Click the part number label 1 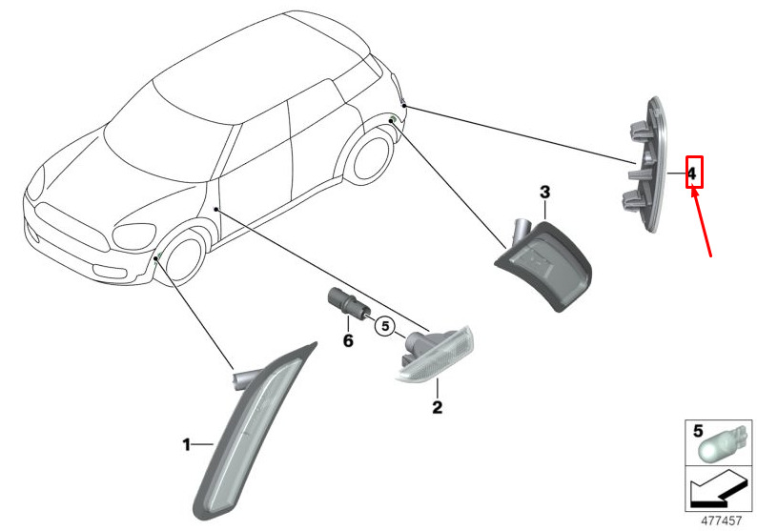pos(186,444)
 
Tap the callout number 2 pos(438,407)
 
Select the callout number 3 pos(544,193)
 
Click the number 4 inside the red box pos(692,174)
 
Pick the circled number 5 pos(385,326)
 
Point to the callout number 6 pos(348,340)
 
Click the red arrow pos(702,222)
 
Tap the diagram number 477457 pos(722,521)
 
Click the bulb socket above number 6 pos(347,301)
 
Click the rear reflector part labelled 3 pos(544,264)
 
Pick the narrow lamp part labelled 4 pos(644,165)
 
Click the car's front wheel pos(184,258)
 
